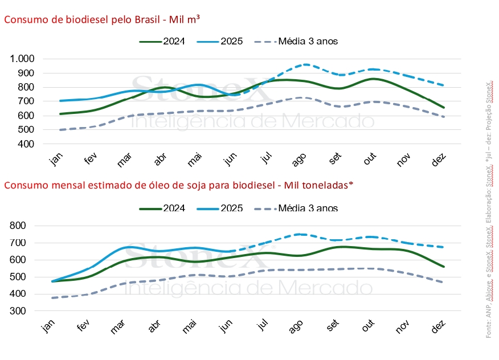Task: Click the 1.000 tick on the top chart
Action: click(22, 59)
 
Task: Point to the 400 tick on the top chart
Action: click(25, 144)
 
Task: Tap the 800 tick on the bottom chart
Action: click(25, 226)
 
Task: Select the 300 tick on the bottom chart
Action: click(25, 311)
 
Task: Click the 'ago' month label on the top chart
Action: click(300, 161)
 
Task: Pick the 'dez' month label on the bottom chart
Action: click(439, 326)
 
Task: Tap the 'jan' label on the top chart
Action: click(55, 160)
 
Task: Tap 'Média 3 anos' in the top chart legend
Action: click(308, 42)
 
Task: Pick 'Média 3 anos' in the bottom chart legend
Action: click(308, 208)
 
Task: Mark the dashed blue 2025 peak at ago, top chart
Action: click(306, 64)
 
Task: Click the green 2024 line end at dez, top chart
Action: click(444, 107)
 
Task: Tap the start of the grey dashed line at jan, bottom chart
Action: click(52, 297)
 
